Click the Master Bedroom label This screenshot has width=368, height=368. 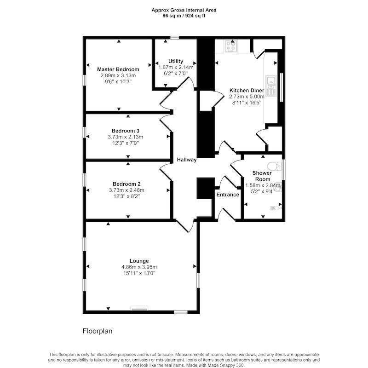pos(118,69)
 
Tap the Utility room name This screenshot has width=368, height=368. pos(176,61)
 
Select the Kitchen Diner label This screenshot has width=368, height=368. pos(247,90)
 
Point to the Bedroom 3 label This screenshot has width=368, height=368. pos(125,131)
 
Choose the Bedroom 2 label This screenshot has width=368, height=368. pos(126,184)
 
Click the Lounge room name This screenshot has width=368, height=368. pos(139,261)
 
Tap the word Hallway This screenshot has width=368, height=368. pos(187,160)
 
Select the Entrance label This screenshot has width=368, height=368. pos(228,195)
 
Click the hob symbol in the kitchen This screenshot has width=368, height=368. pos(231,46)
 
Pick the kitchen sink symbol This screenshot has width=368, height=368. pos(271,86)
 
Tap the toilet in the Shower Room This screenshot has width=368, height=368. pos(275,166)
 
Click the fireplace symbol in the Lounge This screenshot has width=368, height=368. pos(139,308)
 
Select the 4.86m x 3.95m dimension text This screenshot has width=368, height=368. pos(139,267)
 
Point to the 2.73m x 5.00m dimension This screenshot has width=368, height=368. pos(247,97)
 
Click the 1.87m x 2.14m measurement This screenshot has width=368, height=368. pos(176,67)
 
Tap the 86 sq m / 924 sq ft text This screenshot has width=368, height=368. pos(184,16)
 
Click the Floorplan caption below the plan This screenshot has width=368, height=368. pos(98,331)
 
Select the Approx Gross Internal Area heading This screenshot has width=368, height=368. pos(184,10)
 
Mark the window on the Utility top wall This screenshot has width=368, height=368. pos(175,38)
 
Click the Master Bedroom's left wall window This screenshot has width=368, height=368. pos(84,80)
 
